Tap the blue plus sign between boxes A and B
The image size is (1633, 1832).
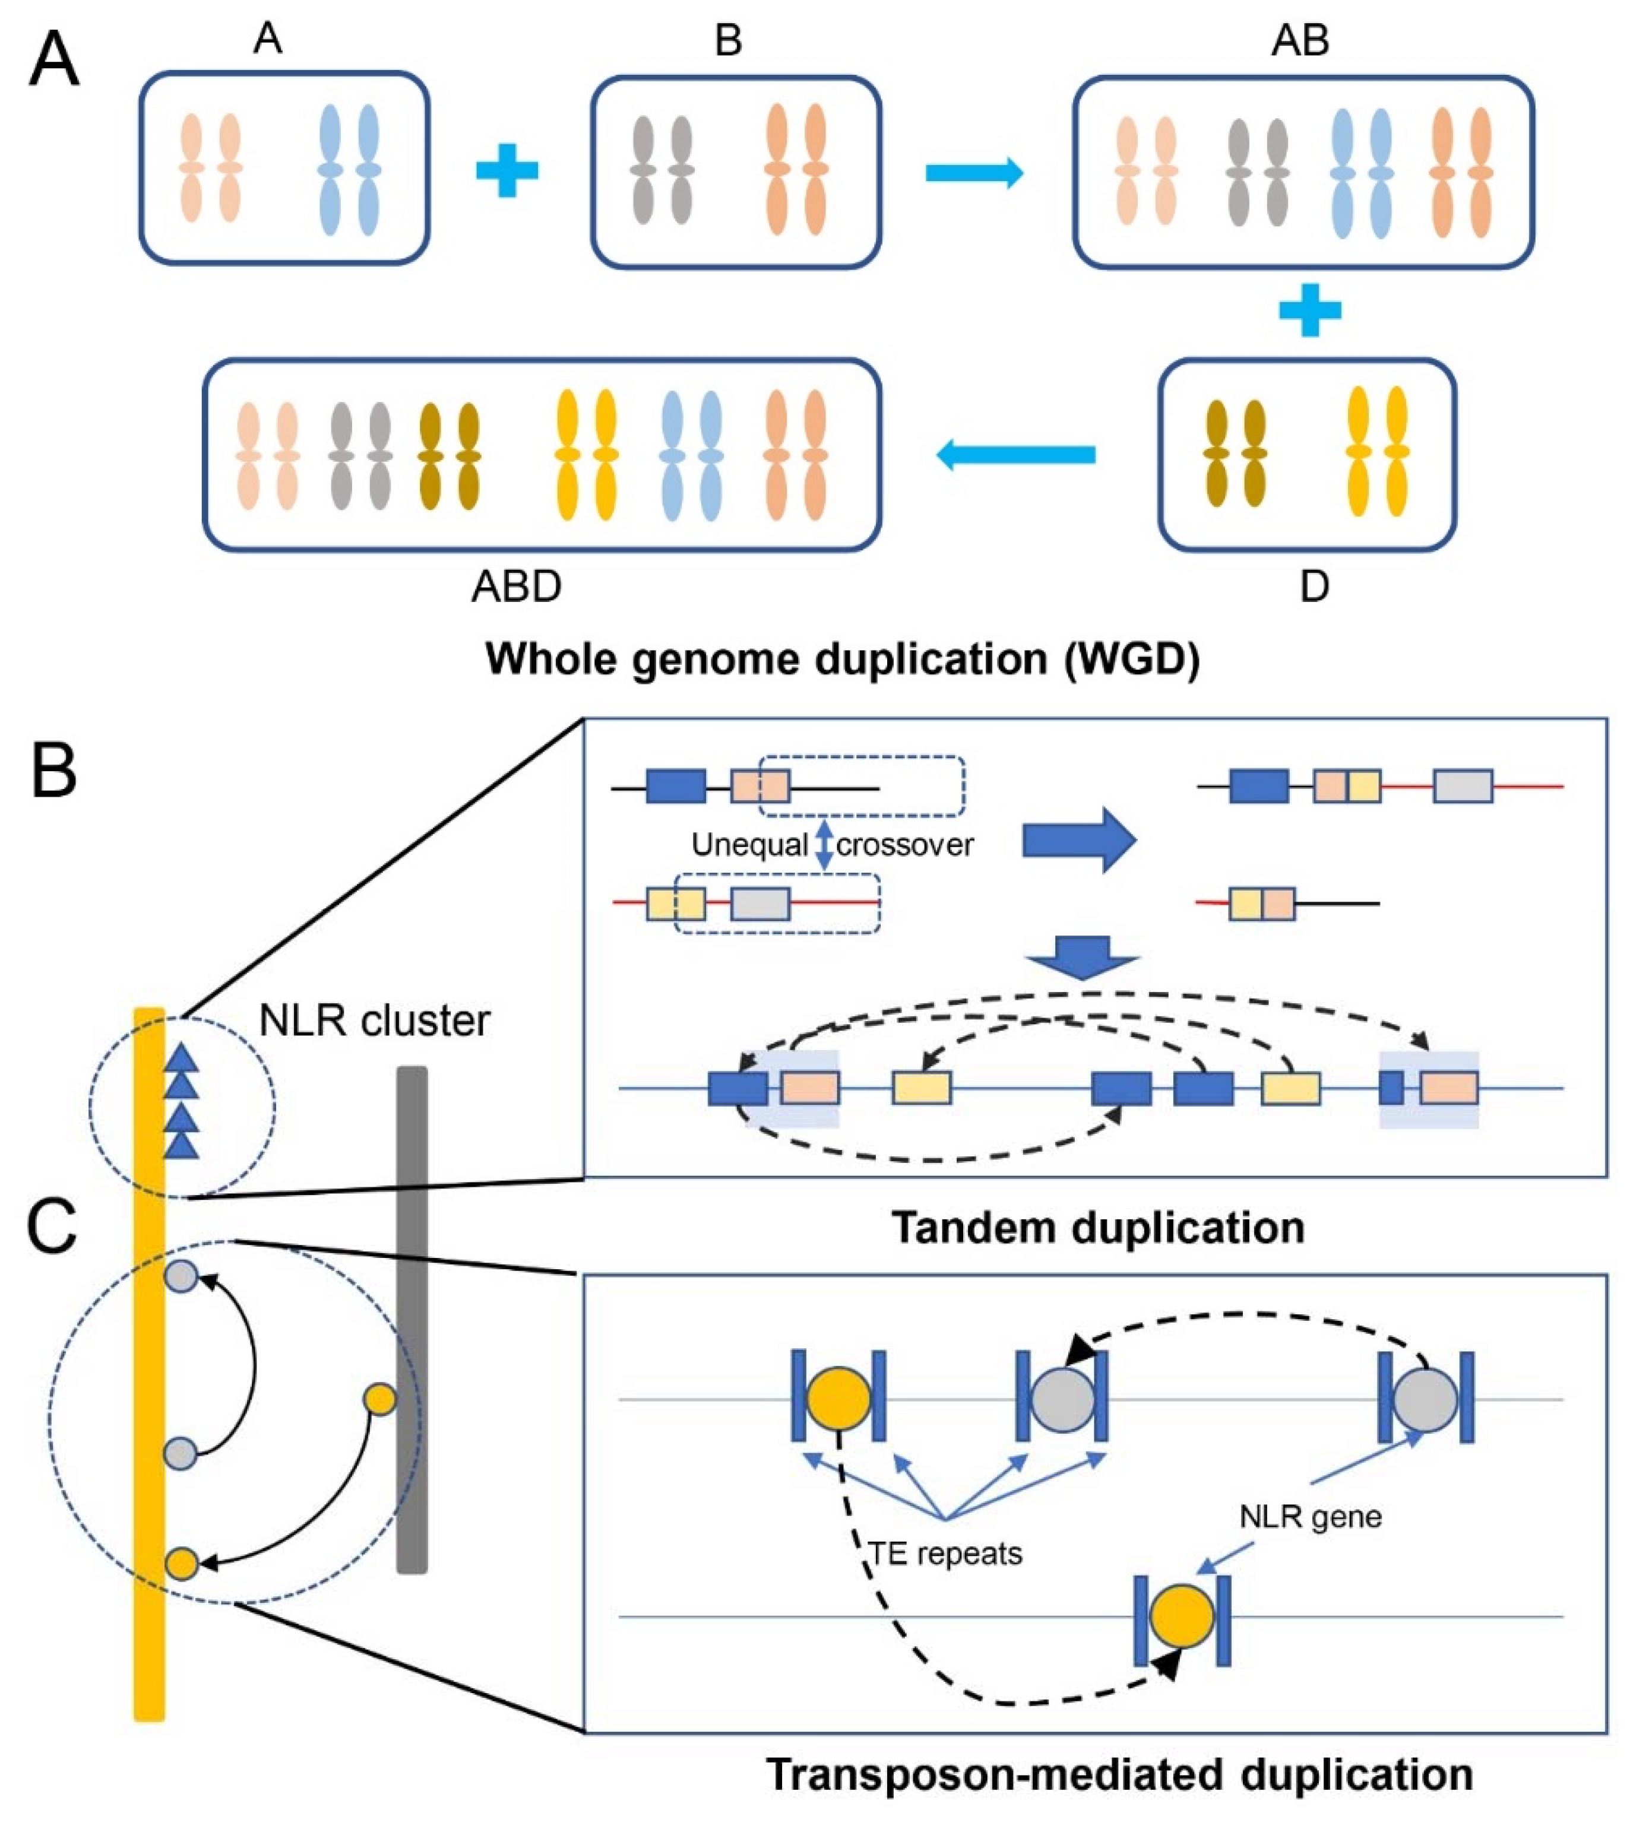pos(507,170)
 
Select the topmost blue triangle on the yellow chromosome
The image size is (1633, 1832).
pos(182,1058)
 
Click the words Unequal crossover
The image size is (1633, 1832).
pos(832,845)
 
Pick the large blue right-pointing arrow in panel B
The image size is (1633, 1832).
pos(1080,841)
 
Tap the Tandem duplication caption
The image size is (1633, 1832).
pos(1097,1226)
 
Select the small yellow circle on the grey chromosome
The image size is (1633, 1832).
pos(381,1399)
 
